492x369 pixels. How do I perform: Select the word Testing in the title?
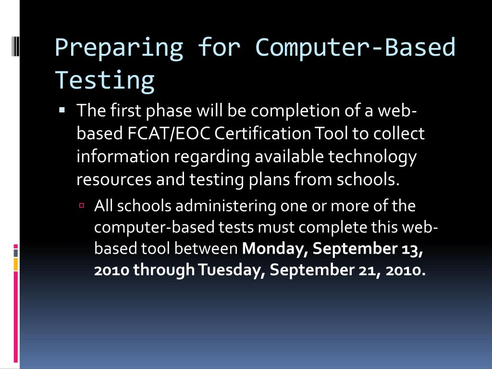pyautogui.click(x=105, y=80)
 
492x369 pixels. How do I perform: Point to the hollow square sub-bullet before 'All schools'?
pyautogui.click(x=82, y=205)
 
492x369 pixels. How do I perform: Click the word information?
pyautogui.click(x=123, y=157)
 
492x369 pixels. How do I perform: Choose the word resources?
pyautogui.click(x=114, y=179)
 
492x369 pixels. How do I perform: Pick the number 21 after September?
pyautogui.click(x=368, y=270)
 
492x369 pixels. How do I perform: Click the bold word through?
pyautogui.click(x=164, y=270)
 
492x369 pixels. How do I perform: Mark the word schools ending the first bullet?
pyautogui.click(x=368, y=179)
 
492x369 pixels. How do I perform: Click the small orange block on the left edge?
pyautogui.click(x=15, y=264)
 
